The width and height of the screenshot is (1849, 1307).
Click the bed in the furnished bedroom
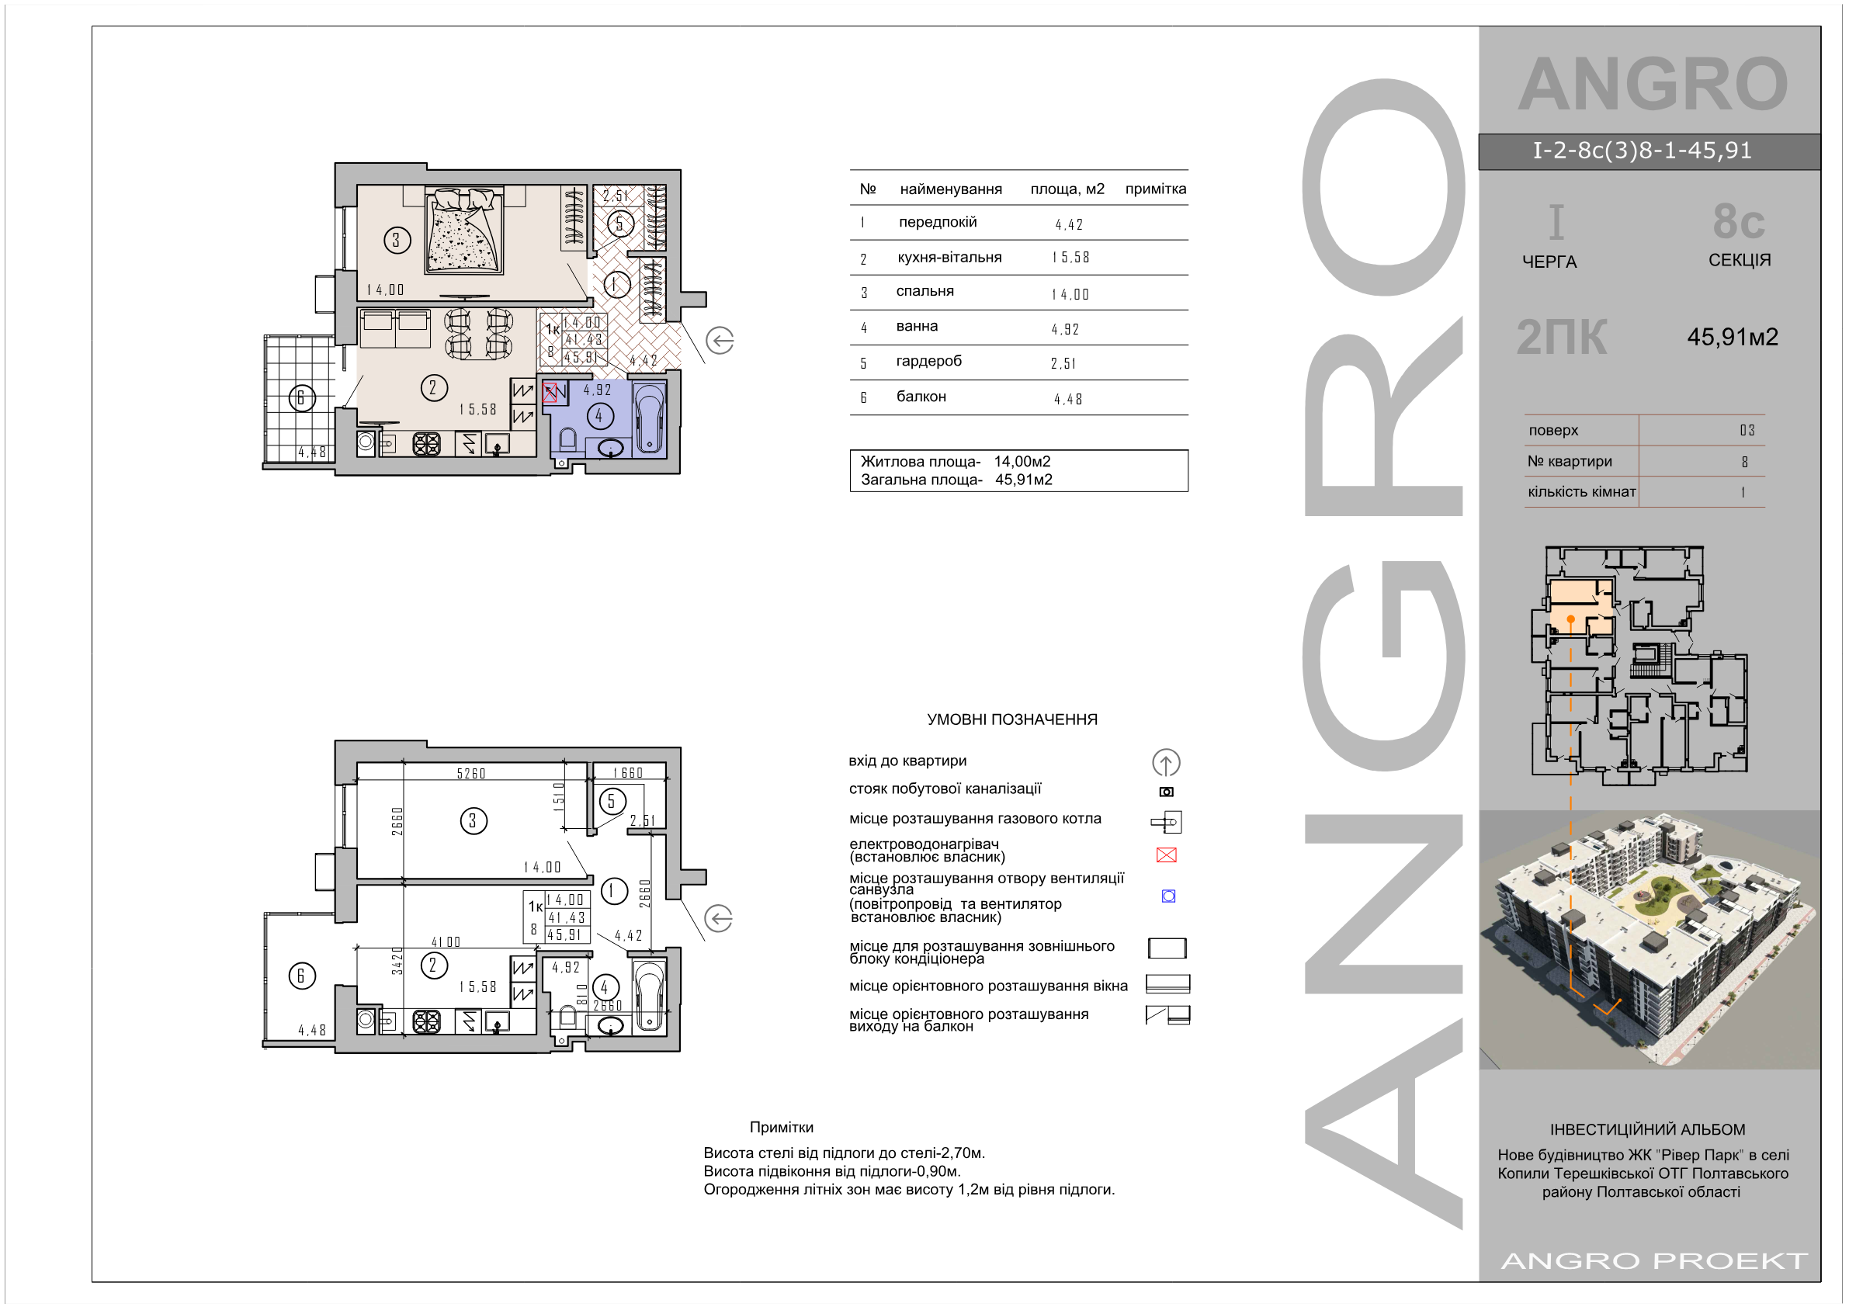click(465, 231)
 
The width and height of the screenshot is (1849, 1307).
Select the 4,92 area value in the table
click(1065, 329)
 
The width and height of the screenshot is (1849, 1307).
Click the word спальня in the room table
click(924, 292)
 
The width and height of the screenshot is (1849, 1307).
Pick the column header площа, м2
click(1067, 189)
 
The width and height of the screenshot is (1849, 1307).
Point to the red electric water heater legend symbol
click(1166, 855)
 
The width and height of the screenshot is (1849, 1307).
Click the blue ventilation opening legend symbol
click(1168, 896)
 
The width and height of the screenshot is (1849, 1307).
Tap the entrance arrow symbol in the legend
click(1166, 762)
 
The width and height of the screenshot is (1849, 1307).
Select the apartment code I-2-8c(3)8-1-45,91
click(1642, 151)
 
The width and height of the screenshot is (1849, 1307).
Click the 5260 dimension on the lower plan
click(471, 774)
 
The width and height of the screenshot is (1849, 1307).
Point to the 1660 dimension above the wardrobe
click(628, 773)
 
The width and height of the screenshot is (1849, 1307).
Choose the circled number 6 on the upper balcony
click(302, 397)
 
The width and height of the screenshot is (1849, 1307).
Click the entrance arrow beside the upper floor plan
click(719, 341)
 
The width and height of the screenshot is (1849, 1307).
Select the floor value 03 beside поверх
click(1747, 430)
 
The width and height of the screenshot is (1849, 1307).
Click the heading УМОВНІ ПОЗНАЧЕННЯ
click(1012, 720)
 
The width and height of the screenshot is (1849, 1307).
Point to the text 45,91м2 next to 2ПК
click(1733, 337)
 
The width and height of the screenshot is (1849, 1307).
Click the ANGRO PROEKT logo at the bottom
click(1654, 1261)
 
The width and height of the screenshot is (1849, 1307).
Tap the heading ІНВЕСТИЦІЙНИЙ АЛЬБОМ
click(1648, 1130)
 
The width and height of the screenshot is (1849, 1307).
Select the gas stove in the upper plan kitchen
click(426, 444)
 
